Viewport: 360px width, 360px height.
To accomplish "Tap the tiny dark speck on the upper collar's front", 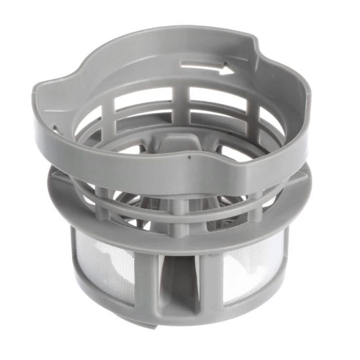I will pyautogui.click(x=187, y=157).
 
